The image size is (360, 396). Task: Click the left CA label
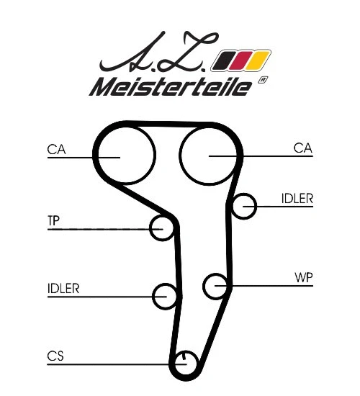[x=57, y=149]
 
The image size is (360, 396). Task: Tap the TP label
[x=53, y=220]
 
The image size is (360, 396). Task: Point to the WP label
[x=303, y=276]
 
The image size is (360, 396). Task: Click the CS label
[x=56, y=355]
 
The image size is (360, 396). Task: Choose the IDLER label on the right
[x=297, y=199]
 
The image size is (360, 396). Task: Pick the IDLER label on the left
[x=63, y=289]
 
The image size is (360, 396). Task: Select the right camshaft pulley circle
[x=208, y=155]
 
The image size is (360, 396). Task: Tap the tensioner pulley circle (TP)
[x=163, y=228]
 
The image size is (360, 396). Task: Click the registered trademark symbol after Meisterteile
[x=263, y=81]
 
